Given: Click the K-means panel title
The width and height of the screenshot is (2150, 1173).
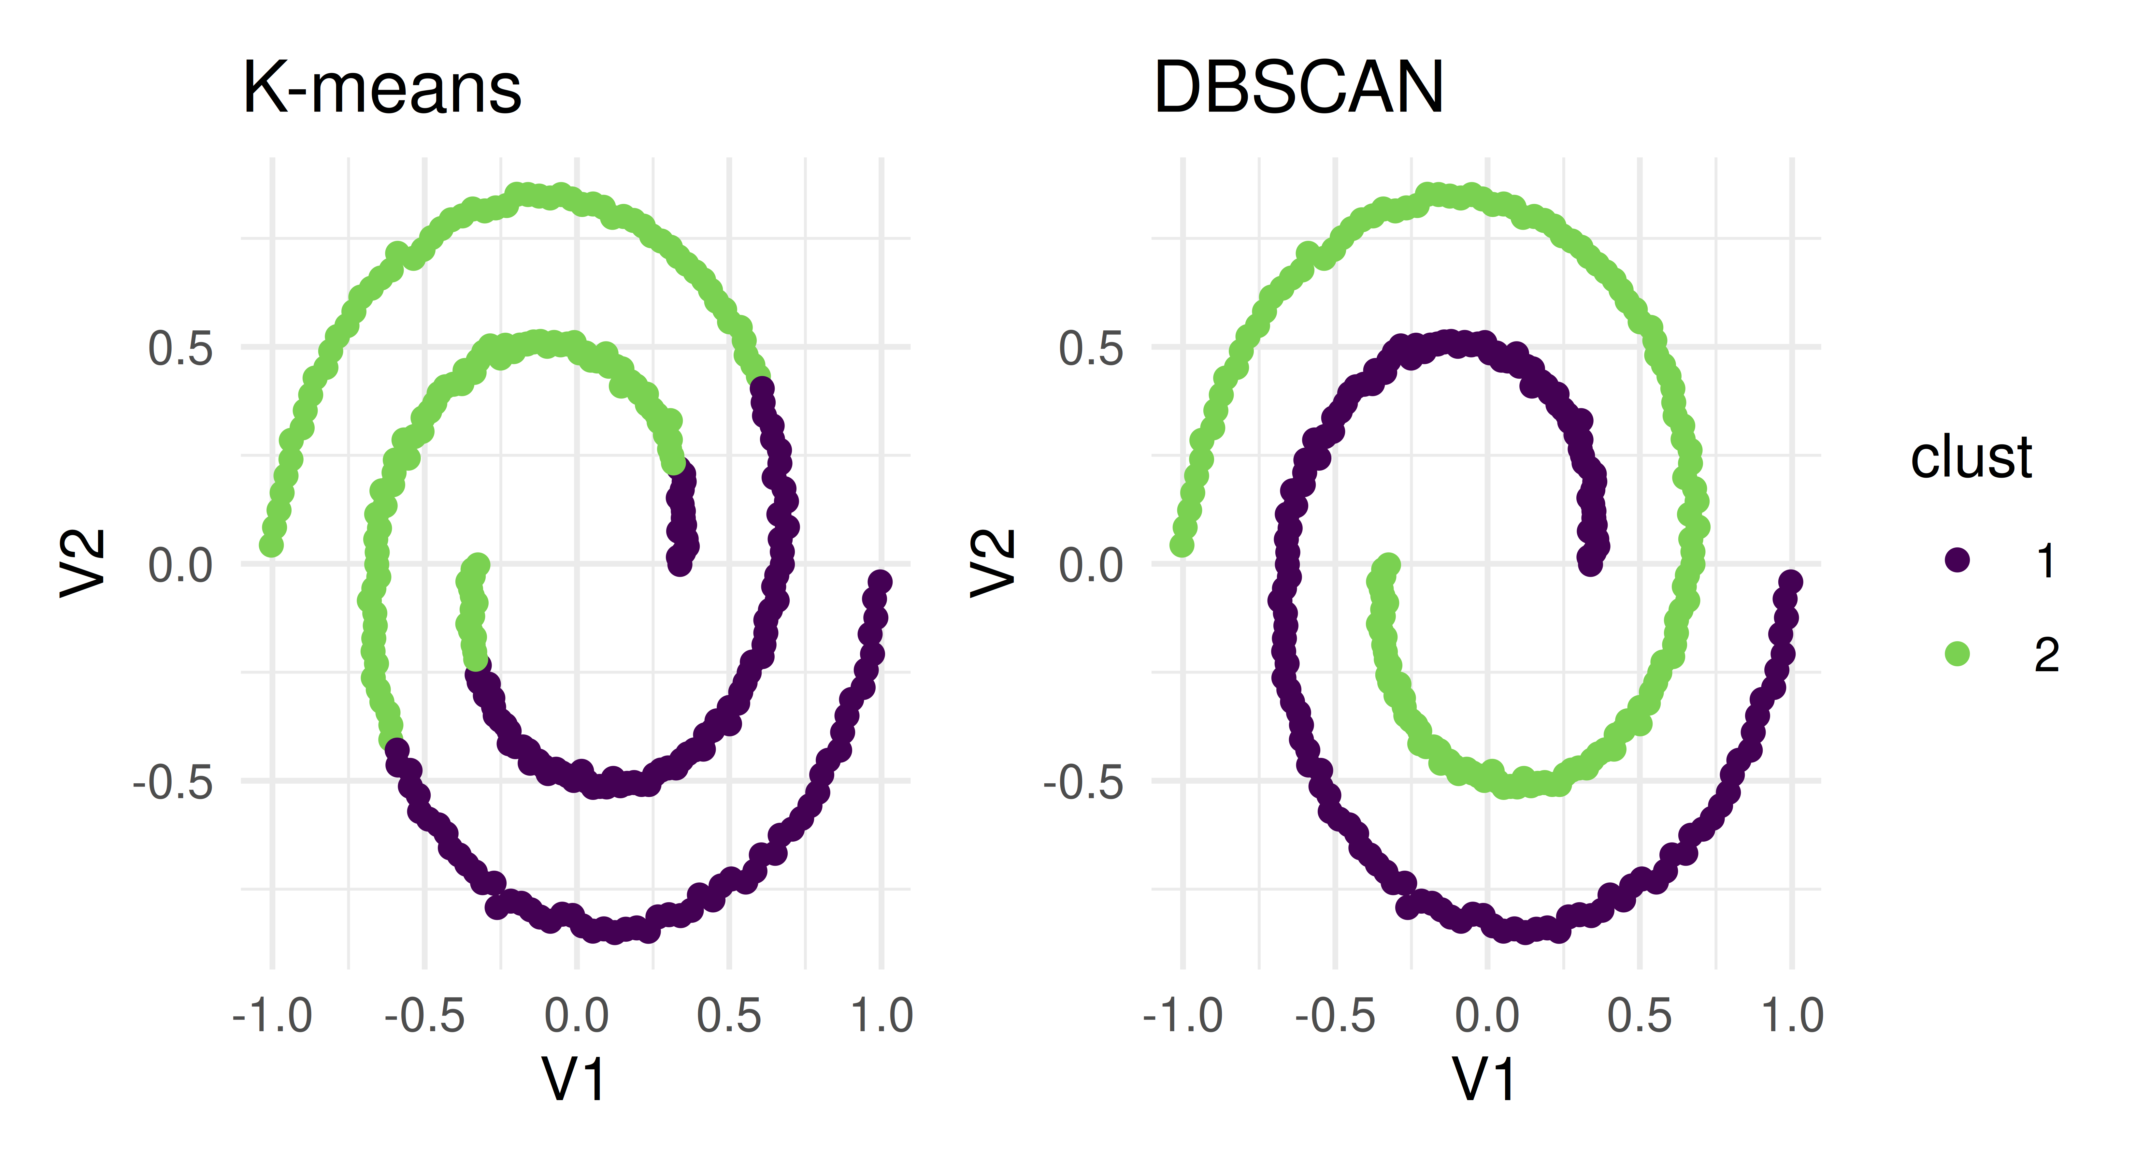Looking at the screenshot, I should click(x=381, y=89).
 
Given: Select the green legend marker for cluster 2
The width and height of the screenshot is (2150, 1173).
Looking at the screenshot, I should click(x=1957, y=654).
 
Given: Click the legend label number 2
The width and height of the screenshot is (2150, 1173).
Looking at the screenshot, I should click(x=2046, y=655).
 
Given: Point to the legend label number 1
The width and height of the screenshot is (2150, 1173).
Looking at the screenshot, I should click(x=2046, y=561).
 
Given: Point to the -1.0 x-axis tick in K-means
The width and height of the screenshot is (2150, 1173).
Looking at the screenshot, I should click(x=272, y=1016).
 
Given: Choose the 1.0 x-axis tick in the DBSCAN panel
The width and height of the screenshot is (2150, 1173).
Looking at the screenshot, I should click(x=1792, y=1016).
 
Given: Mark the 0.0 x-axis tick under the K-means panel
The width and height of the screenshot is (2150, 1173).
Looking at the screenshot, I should click(x=576, y=1016).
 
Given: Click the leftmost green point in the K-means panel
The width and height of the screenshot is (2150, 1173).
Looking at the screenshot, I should click(x=270, y=545).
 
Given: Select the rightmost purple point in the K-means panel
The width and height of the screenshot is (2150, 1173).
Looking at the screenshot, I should click(x=880, y=581).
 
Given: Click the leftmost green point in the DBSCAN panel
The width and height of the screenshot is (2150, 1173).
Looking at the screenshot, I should click(x=1181, y=545).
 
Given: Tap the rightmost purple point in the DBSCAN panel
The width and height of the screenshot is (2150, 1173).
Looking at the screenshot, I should click(x=1790, y=581).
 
